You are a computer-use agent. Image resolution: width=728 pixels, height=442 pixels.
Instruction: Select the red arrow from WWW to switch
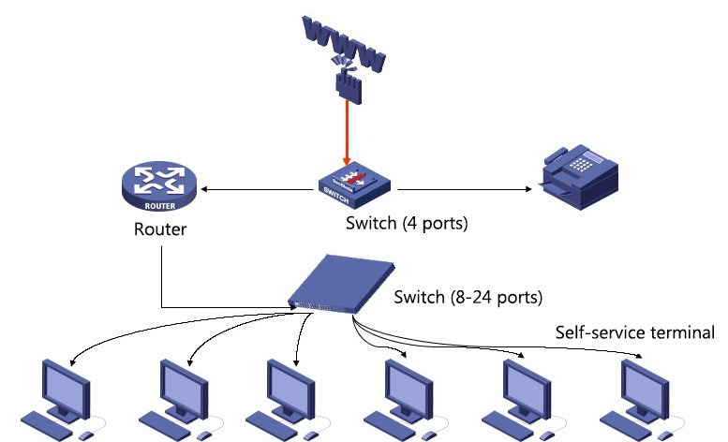(347, 131)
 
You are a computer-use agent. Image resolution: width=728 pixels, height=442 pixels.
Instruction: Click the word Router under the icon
(159, 228)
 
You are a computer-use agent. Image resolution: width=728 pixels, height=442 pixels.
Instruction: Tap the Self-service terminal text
(634, 331)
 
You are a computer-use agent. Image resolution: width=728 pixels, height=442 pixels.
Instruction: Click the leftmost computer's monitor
(65, 383)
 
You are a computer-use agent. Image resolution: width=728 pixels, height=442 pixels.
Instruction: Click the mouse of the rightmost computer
(668, 435)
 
